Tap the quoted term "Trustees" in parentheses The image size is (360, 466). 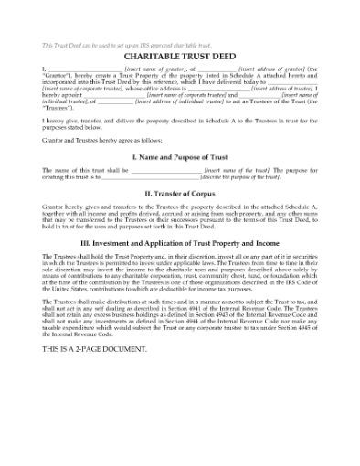[58, 107]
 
